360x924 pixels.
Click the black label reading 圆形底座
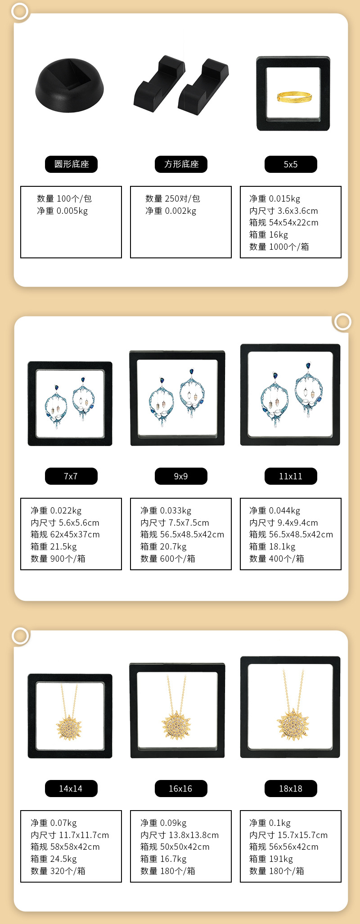coord(71,164)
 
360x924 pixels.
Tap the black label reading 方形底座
coord(181,164)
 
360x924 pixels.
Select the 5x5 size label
coord(291,164)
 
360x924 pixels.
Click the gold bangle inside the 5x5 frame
coord(294,97)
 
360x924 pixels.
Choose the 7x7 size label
coord(71,476)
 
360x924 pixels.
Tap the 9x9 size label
coord(181,476)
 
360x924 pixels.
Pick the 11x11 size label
coord(291,476)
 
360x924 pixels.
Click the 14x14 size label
coord(71,789)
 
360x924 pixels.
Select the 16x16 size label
coord(181,789)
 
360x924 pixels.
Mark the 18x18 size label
coord(291,789)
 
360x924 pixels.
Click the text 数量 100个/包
coord(64,198)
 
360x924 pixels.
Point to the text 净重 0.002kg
coord(171,211)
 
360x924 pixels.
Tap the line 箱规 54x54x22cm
coord(284,222)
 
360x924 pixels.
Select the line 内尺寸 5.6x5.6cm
coord(65,523)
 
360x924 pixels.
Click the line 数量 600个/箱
coord(168,559)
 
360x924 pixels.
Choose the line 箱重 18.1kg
coord(272,546)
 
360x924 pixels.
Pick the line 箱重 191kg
coord(271,859)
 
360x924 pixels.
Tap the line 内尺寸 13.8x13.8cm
coord(180,835)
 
